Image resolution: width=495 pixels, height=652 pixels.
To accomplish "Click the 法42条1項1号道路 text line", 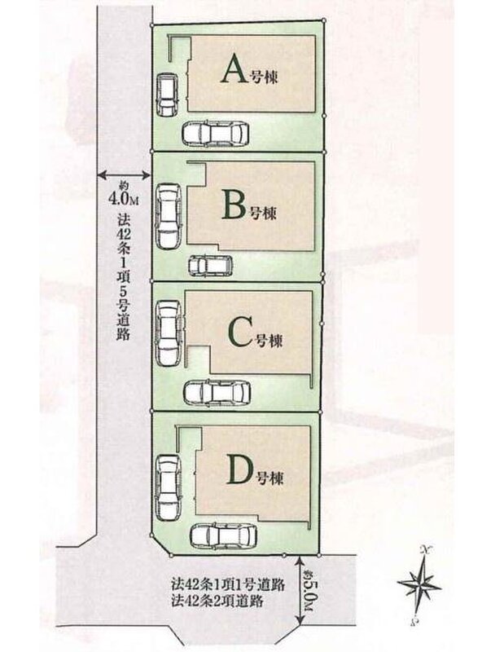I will click(x=226, y=584).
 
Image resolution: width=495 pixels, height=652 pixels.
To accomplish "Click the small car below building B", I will click(x=210, y=266).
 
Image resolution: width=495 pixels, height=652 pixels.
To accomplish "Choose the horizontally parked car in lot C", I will click(x=216, y=393).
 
